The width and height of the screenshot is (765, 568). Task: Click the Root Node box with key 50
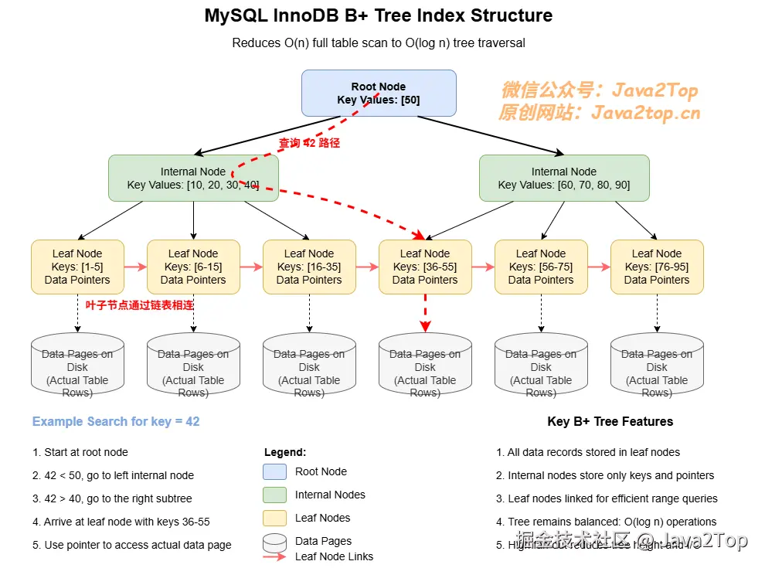pos(379,93)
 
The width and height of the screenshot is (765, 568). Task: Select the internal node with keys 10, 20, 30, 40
pos(193,178)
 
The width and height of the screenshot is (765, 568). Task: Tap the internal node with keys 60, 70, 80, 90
pos(564,178)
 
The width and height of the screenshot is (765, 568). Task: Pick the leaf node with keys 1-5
pos(77,267)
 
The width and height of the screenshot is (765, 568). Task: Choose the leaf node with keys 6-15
pos(193,267)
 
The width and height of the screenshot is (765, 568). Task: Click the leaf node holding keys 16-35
pos(309,267)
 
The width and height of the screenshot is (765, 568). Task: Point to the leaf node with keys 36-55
pos(425,267)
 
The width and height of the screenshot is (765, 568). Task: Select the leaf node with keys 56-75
pos(541,267)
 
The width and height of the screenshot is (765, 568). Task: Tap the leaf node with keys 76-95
pos(657,267)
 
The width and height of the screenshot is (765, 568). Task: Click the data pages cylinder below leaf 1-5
pos(77,367)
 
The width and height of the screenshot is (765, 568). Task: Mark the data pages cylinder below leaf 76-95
pos(657,367)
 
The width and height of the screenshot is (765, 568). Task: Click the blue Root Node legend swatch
pos(274,471)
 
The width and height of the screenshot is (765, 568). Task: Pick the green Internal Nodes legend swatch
pos(274,495)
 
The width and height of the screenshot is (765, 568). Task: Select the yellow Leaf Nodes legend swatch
pos(274,518)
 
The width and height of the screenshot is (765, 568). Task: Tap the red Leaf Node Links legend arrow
pos(274,556)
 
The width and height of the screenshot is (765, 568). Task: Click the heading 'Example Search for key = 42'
pos(116,421)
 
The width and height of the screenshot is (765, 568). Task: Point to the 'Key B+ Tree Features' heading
pos(610,421)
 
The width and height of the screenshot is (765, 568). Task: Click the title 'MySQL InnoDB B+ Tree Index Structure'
pos(379,15)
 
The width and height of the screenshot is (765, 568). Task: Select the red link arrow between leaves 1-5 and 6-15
pos(135,267)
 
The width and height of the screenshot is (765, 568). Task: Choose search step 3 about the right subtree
pos(112,498)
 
